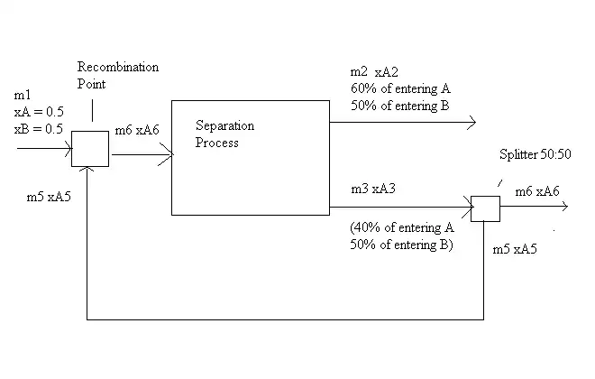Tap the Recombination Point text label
coord(117,75)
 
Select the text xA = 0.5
coord(38,112)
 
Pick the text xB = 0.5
coord(38,128)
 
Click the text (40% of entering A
coord(400,228)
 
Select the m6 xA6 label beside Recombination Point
coord(137,132)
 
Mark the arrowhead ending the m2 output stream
coord(471,122)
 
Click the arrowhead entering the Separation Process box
coord(167,154)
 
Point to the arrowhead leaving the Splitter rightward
coord(564,208)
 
